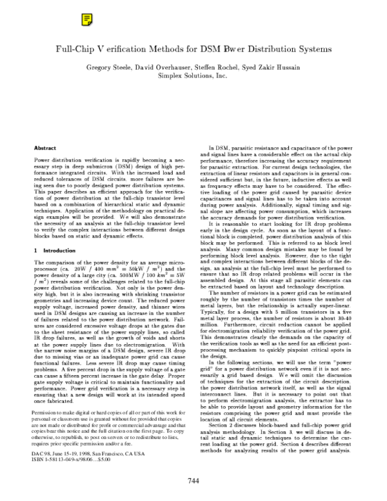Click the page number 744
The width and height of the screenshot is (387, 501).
(x=193, y=480)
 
